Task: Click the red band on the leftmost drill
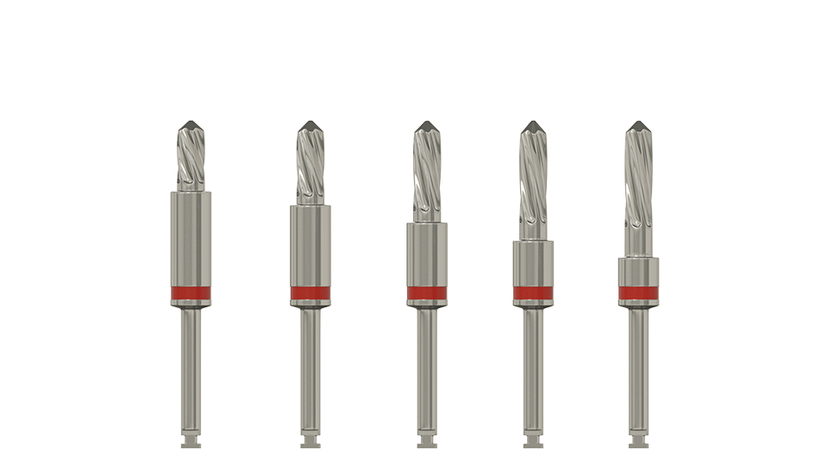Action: coord(191,293)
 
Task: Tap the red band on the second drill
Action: coord(310,293)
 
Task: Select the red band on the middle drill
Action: coord(427,293)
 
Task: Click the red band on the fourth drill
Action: coord(533,293)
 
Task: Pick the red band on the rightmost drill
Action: coord(638,293)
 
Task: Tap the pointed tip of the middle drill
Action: coord(427,126)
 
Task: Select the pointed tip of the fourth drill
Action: coord(533,126)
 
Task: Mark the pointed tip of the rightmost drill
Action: coord(638,126)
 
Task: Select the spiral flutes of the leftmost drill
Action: coord(191,160)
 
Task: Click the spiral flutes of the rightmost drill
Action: coord(638,190)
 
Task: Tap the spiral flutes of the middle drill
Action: coord(427,173)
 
